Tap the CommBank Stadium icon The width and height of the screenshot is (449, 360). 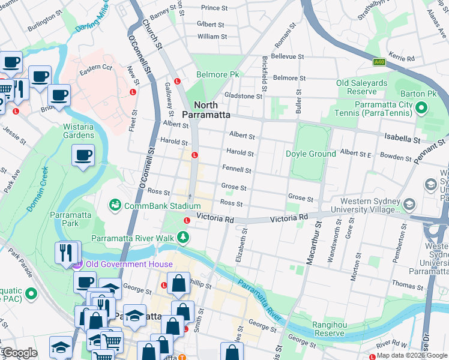point(115,206)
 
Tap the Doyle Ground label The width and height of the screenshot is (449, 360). point(310,154)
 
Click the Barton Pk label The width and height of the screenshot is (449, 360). point(419,94)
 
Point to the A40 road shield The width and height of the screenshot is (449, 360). point(379,61)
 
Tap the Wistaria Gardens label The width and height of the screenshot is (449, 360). point(79,131)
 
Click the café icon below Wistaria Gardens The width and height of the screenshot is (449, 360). point(83,156)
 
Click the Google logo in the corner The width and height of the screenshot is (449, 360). point(19,353)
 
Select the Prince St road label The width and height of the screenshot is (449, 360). point(214,8)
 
